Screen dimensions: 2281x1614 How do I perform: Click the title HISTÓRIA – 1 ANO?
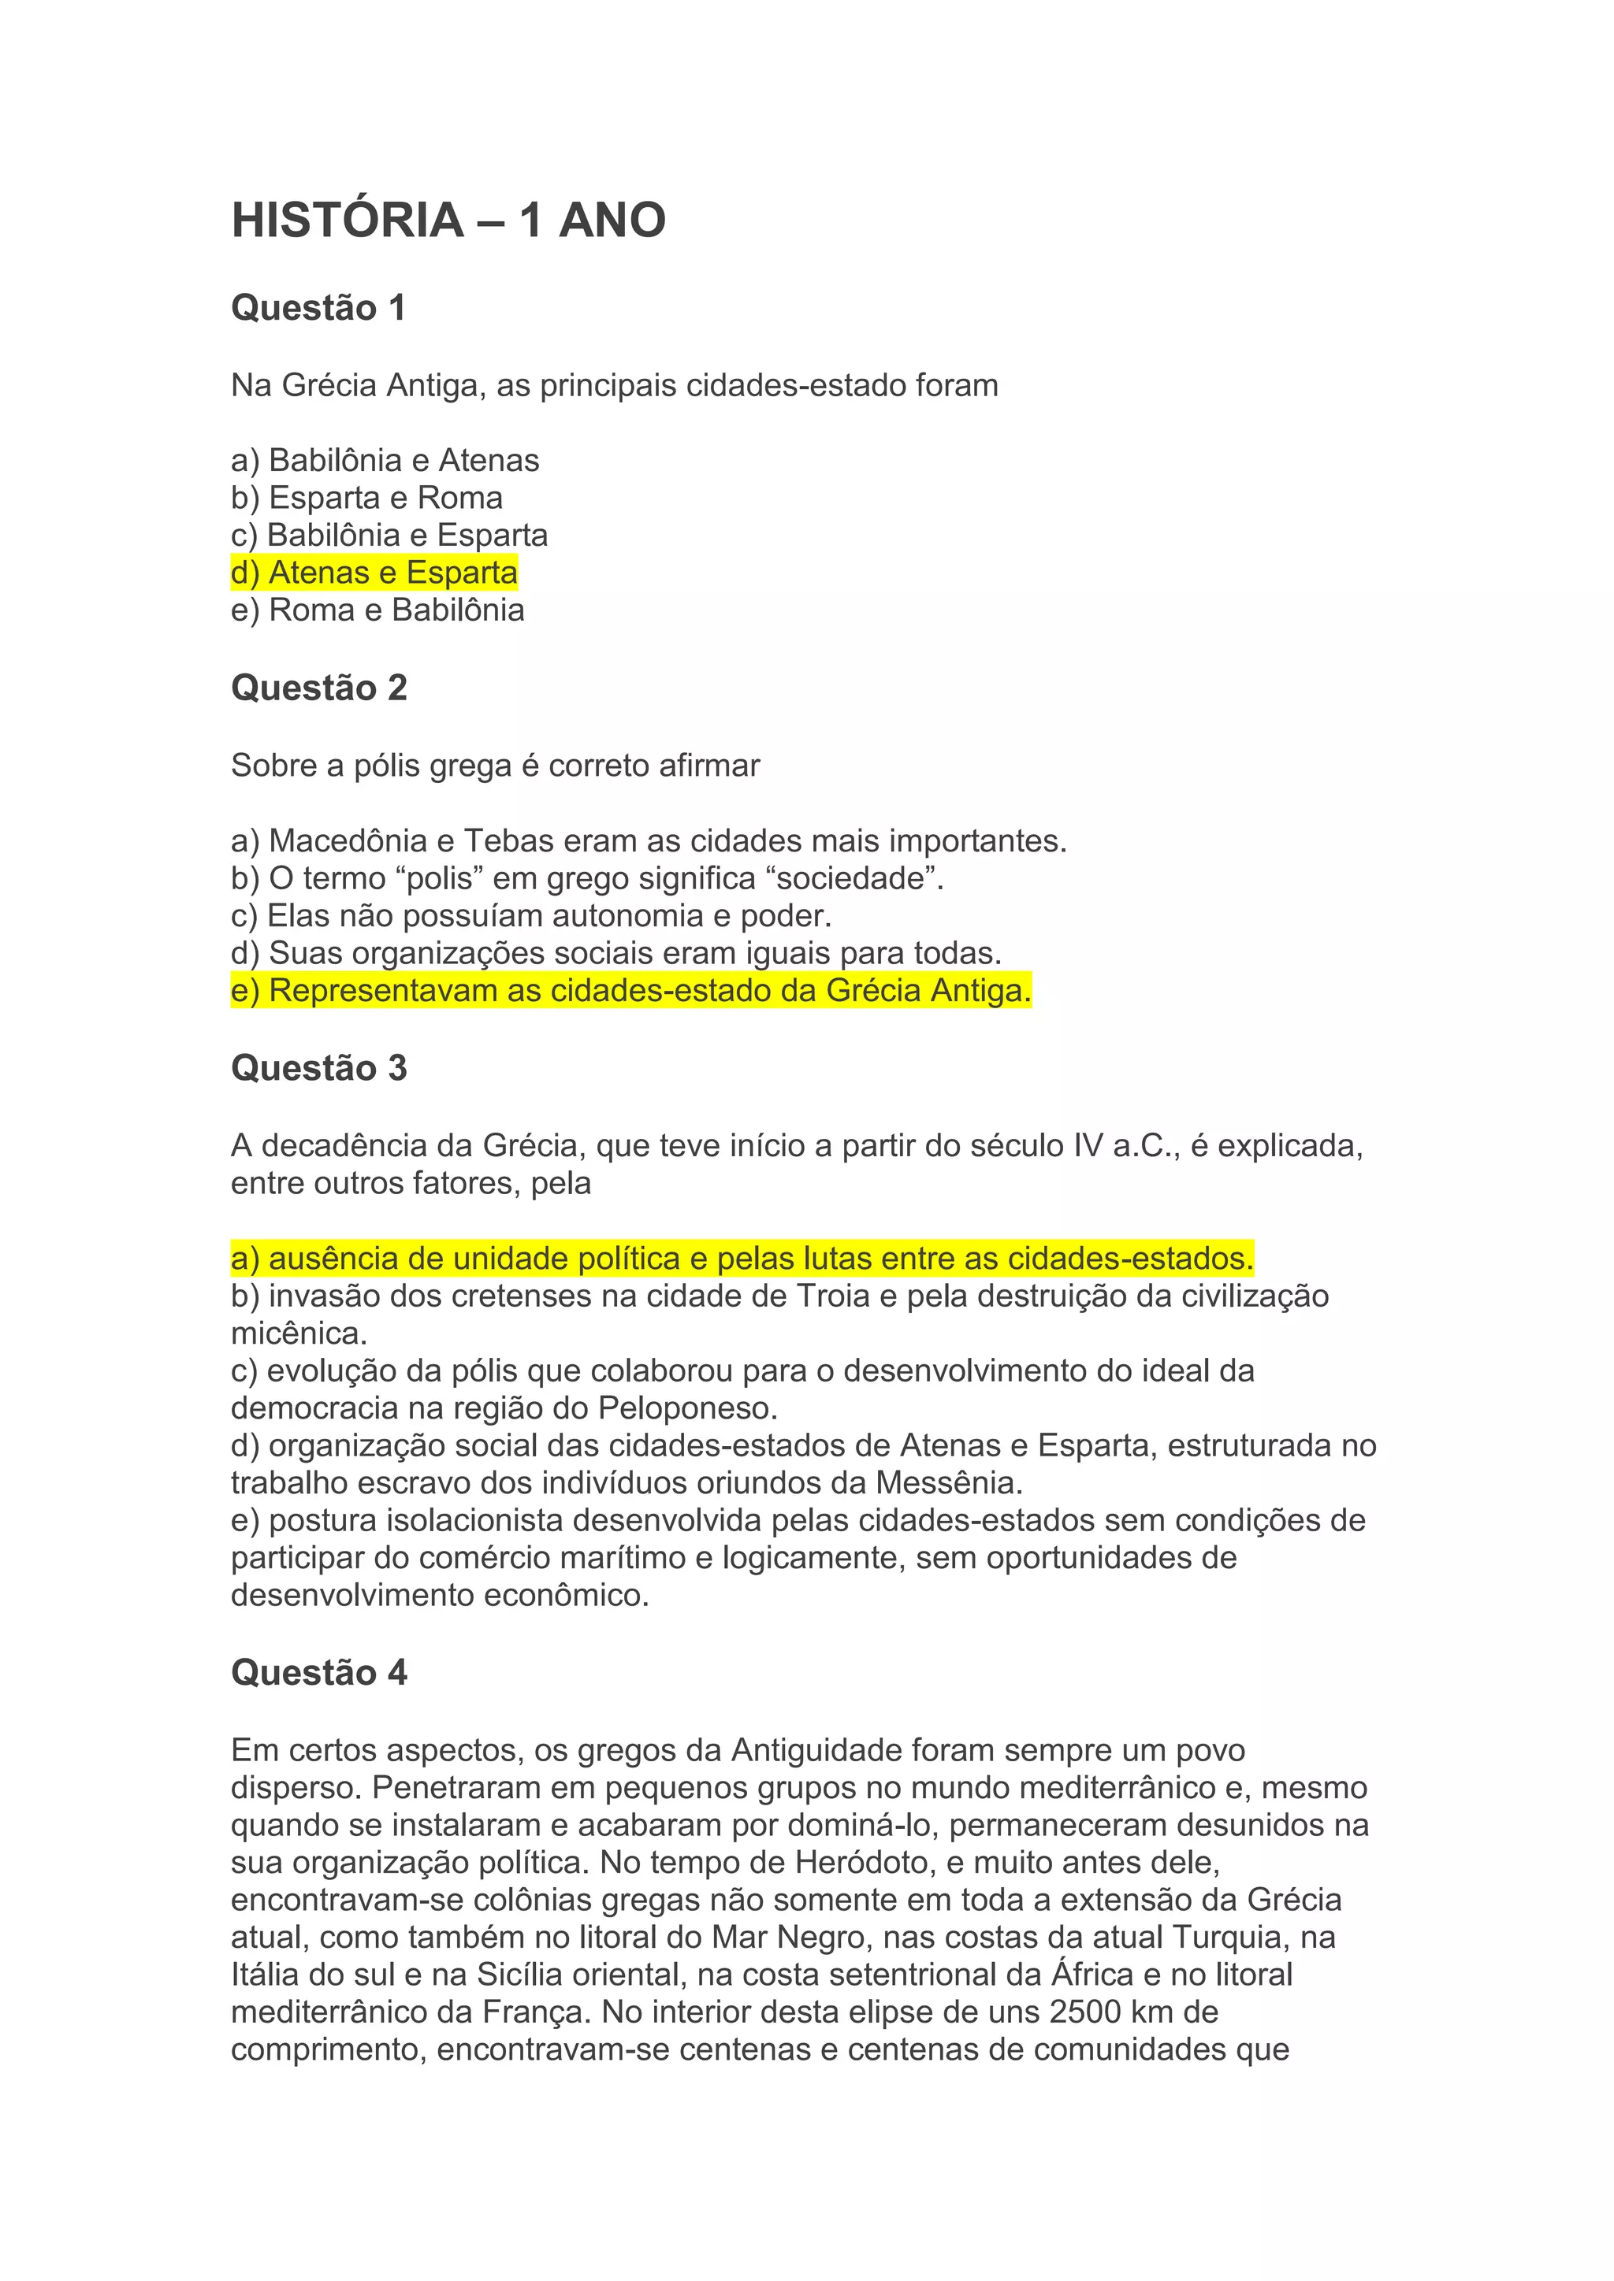448,220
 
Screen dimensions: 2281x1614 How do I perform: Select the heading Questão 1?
318,308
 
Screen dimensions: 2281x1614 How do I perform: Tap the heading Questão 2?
319,688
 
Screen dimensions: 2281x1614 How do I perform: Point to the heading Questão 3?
319,1068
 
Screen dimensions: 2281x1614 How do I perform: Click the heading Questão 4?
319,1672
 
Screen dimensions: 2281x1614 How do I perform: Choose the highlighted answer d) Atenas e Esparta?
374,573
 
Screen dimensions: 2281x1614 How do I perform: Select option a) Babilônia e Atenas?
385,460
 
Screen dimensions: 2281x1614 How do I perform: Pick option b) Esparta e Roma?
366,498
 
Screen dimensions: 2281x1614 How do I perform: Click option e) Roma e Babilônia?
377,610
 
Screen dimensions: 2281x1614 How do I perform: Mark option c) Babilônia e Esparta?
389,536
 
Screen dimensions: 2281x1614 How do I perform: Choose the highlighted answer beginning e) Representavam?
631,992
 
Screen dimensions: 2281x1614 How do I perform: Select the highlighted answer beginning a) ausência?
742,1259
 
